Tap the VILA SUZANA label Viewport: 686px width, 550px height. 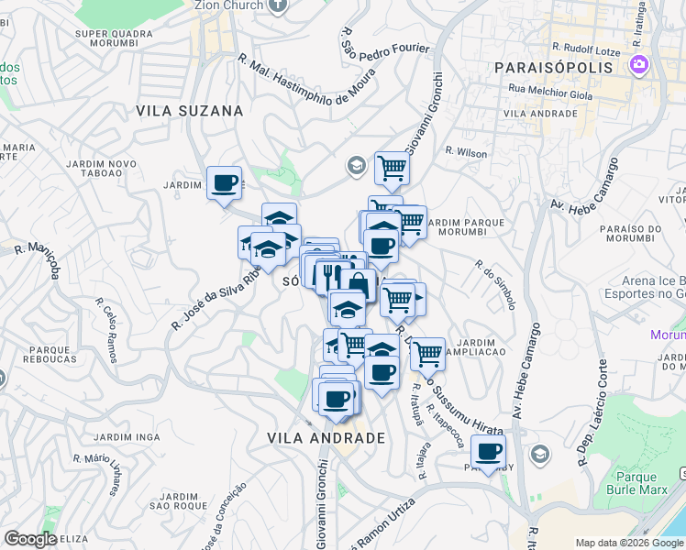190,111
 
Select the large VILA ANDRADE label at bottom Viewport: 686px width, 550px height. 326,438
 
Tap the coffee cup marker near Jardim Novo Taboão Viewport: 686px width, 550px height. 225,182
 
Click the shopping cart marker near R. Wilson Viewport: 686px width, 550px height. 392,167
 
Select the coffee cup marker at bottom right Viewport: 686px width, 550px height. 489,451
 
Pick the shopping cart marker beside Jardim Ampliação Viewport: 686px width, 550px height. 427,353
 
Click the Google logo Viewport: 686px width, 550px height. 30,539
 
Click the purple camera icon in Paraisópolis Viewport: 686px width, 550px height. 639,66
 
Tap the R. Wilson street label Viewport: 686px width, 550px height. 466,153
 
